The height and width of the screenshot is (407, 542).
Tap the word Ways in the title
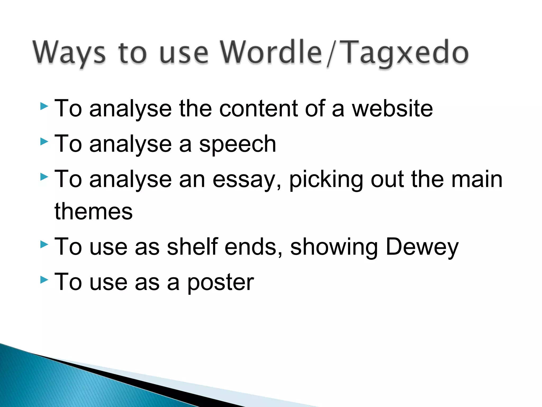point(69,53)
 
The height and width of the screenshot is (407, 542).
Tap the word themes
point(93,211)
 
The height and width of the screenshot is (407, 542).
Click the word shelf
point(192,247)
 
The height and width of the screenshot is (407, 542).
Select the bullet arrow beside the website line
point(44,107)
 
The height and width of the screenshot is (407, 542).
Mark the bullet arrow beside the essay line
point(44,177)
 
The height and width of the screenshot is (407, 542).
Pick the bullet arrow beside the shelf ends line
point(44,244)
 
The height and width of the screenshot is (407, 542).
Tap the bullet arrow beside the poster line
point(44,280)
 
